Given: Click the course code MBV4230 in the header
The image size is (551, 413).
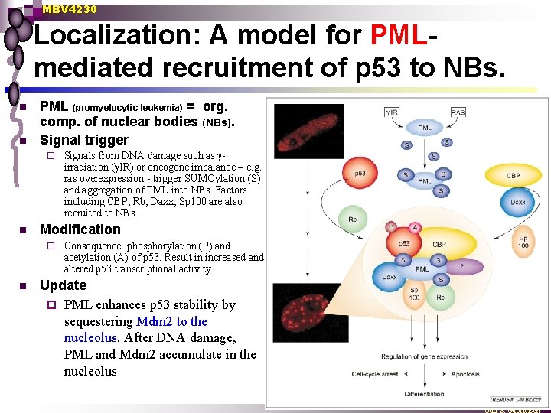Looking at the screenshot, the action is (70, 9).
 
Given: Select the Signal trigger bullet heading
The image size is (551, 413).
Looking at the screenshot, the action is (84, 140).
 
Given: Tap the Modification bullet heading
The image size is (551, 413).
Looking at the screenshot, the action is (80, 229).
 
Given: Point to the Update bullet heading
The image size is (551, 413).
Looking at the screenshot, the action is (63, 285).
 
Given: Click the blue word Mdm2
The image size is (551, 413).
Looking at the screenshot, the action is (152, 321).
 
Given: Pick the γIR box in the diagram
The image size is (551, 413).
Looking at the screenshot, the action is (393, 112).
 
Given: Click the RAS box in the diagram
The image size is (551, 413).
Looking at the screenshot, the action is (458, 112).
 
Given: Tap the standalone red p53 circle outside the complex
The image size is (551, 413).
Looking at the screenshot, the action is (360, 174).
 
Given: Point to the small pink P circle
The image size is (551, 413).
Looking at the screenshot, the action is (392, 227).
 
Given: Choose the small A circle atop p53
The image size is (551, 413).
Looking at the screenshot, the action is (415, 227).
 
